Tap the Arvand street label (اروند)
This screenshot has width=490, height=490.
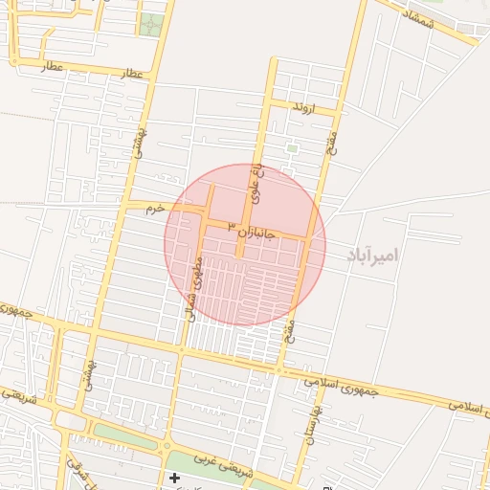tap(304, 109)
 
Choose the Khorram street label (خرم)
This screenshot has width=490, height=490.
tap(155, 207)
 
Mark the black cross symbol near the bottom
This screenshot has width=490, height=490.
tap(174, 477)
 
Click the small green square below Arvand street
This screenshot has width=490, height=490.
tap(292, 148)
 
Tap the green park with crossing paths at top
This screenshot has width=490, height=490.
tap(150, 24)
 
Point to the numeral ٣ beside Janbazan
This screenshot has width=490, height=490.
tap(231, 224)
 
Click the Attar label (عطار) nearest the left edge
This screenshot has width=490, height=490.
tap(52, 68)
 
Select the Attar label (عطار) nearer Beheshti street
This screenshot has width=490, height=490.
tap(132, 74)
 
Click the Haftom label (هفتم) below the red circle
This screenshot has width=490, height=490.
tap(290, 331)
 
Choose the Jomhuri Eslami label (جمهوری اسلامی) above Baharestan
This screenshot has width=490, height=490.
tap(341, 385)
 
